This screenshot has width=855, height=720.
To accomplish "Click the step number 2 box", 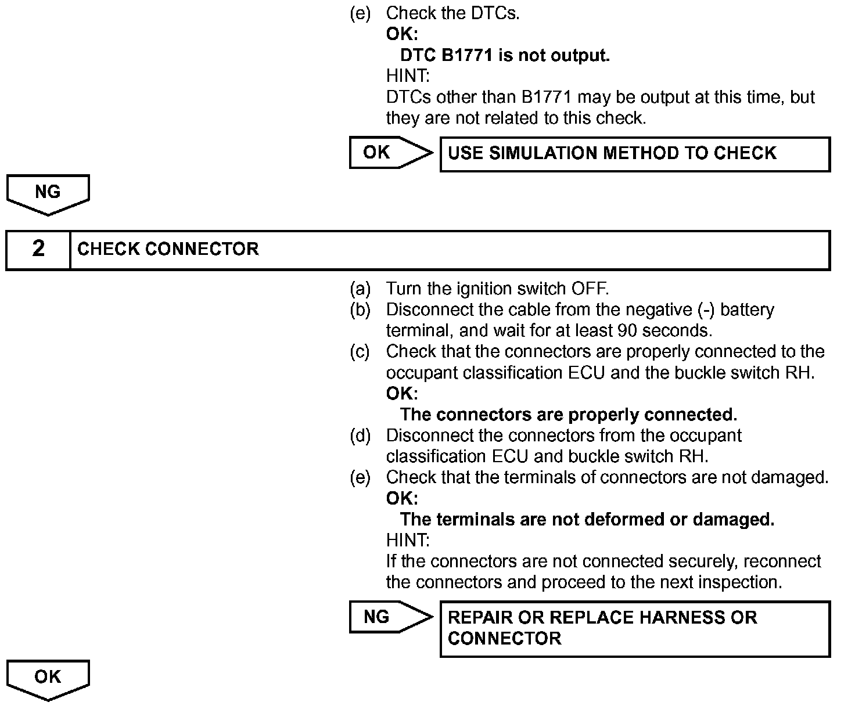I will (x=38, y=250).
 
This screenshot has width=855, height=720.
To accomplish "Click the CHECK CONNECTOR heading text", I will (x=168, y=250).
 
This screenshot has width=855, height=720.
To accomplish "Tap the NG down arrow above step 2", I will (x=48, y=193).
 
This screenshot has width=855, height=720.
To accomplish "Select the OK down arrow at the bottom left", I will (x=48, y=679).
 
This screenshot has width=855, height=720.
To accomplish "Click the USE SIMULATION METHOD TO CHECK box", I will (x=635, y=154).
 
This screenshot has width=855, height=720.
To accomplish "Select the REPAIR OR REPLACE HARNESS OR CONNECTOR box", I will (x=635, y=629).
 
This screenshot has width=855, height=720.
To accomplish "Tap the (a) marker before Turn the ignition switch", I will (x=360, y=289).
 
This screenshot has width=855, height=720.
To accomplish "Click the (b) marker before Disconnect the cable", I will (x=360, y=309).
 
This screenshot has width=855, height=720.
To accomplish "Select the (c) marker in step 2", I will (x=360, y=351).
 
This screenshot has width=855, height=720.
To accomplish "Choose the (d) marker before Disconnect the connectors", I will (x=360, y=435).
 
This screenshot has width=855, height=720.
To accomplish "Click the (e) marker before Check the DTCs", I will (x=360, y=13).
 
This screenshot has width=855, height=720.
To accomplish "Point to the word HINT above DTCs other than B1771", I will (x=408, y=76).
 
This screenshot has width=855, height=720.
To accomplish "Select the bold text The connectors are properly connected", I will (x=569, y=415).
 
